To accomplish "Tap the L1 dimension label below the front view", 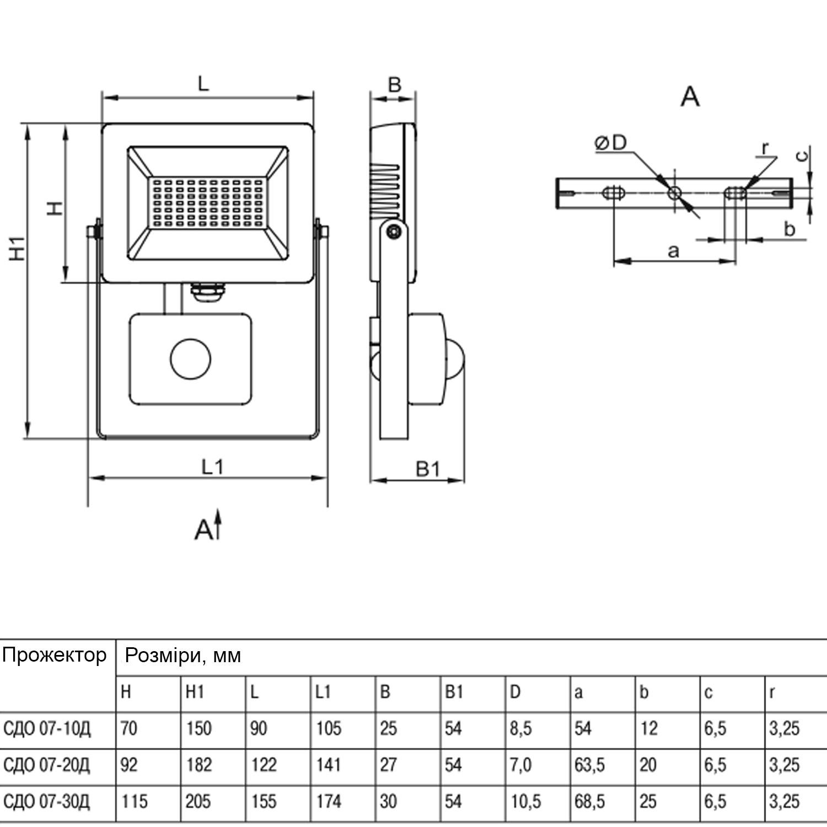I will click(x=212, y=467).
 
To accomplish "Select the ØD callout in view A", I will click(x=611, y=143).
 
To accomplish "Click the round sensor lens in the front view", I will click(x=191, y=359).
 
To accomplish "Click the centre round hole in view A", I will click(x=674, y=193).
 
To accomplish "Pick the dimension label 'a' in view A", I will click(x=673, y=251).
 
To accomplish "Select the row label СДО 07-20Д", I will click(x=47, y=765).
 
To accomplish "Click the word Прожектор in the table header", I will click(x=54, y=656).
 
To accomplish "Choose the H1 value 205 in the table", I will click(x=198, y=802).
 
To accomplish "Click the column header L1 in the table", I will click(x=323, y=692).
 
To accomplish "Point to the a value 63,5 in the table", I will click(x=589, y=765).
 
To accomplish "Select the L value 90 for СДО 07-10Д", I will click(x=259, y=729).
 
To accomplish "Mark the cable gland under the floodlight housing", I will click(x=207, y=292).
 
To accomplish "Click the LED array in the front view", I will click(x=207, y=203).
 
